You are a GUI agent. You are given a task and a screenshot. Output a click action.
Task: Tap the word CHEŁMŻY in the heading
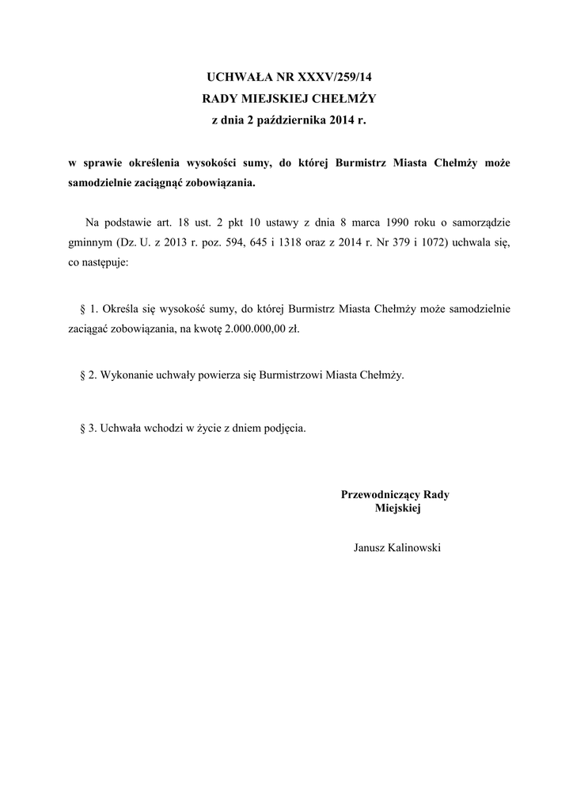[347, 99]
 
